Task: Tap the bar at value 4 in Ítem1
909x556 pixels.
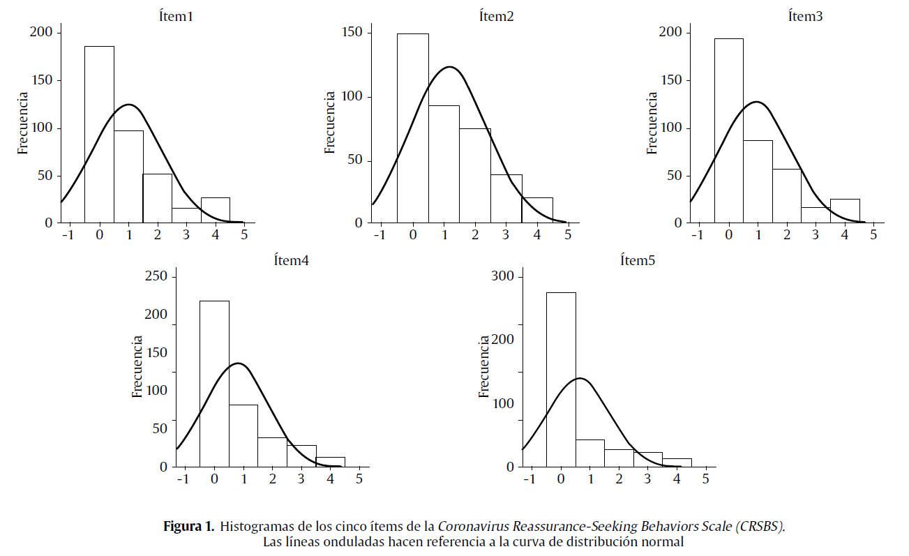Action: (216, 210)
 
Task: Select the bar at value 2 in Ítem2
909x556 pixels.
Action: (475, 175)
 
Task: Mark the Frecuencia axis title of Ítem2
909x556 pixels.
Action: (331, 123)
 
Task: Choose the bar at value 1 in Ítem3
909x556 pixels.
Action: (758, 181)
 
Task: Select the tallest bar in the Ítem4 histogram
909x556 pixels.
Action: (214, 383)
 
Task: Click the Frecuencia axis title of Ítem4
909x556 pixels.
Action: (138, 367)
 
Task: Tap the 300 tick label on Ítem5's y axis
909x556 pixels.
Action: (503, 276)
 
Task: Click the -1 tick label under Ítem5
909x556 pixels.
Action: (530, 480)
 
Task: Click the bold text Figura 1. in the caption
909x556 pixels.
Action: (188, 527)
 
